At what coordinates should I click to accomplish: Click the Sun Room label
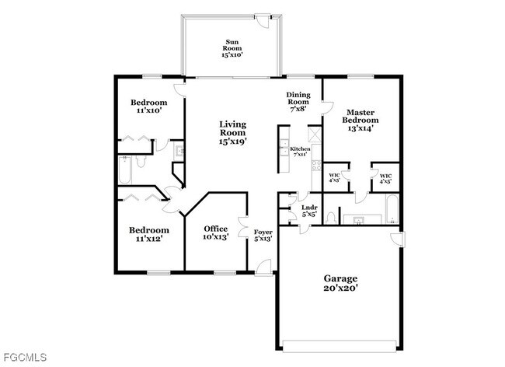232,47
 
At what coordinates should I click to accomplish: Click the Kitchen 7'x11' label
299,151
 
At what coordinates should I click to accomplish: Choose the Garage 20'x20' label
340,283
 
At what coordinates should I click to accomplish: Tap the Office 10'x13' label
215,232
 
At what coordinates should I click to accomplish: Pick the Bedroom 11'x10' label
148,107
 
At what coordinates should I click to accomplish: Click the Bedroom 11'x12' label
148,235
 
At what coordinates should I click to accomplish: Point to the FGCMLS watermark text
24,357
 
